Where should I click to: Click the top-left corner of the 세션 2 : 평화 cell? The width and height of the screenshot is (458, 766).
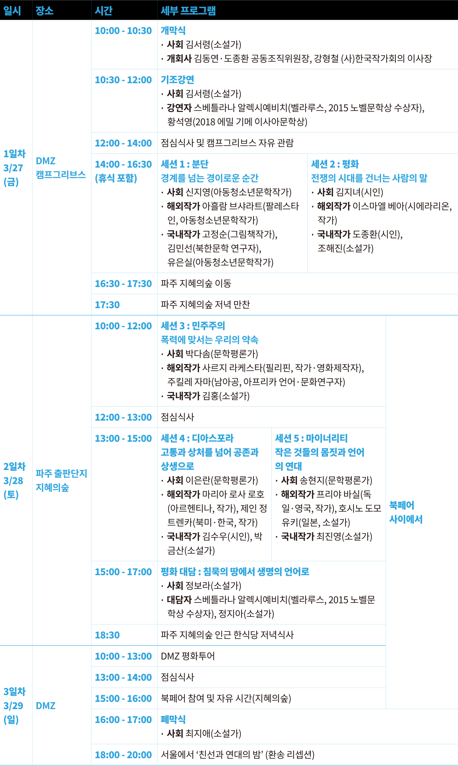[307, 154]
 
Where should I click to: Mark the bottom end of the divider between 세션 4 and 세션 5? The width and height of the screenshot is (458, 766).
[272, 561]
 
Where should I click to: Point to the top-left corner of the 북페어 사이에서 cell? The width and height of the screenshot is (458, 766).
[386, 315]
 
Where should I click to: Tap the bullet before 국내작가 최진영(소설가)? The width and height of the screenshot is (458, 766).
[276, 537]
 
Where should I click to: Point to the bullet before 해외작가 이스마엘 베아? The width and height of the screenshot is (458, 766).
[313, 206]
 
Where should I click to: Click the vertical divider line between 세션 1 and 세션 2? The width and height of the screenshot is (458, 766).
[307, 213]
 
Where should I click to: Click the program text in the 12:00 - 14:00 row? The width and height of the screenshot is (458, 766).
[227, 143]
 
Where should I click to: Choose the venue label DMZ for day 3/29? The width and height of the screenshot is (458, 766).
[46, 706]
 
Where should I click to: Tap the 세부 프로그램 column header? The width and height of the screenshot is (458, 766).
[188, 11]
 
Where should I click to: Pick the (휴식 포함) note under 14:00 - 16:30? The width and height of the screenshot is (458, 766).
[116, 178]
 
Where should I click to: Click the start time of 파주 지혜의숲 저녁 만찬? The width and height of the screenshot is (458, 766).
[107, 305]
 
